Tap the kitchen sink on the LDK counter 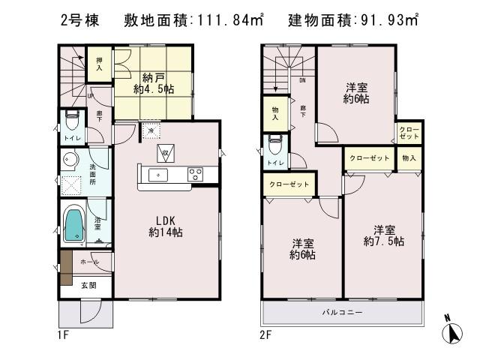coord(159,175)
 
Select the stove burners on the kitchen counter coord(195,175)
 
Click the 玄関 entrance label coord(88,284)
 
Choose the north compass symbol coord(452,331)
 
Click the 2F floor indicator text coord(266,335)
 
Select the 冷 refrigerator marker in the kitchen coord(151,131)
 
